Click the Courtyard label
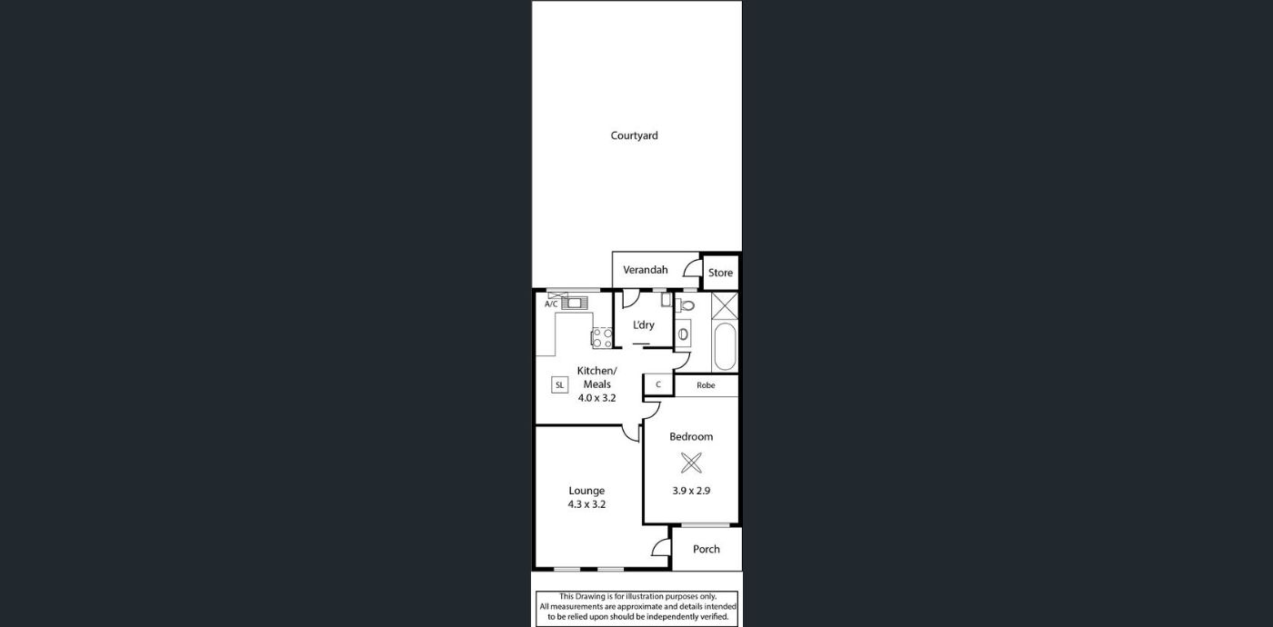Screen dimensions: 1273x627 [635, 135]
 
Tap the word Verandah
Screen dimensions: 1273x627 [645, 270]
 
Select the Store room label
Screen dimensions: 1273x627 [720, 273]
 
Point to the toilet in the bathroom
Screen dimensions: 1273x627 [686, 305]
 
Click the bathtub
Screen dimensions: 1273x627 [726, 346]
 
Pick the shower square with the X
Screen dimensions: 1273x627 [725, 305]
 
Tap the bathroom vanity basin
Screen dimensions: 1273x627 [683, 334]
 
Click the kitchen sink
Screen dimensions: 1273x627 [575, 303]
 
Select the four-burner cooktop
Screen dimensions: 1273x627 [602, 337]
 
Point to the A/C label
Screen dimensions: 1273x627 [551, 304]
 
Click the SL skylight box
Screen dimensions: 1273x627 [560, 385]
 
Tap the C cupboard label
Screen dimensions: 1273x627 [658, 384]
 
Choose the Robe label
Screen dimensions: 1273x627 [706, 385]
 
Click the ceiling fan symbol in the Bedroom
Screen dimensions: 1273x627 [691, 463]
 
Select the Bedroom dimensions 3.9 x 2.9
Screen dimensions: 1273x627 [691, 491]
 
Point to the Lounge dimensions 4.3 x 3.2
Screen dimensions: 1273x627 [586, 504]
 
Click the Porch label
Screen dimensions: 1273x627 [707, 549]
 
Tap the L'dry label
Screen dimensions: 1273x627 [644, 325]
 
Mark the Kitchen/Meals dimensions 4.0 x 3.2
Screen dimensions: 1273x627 [596, 398]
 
